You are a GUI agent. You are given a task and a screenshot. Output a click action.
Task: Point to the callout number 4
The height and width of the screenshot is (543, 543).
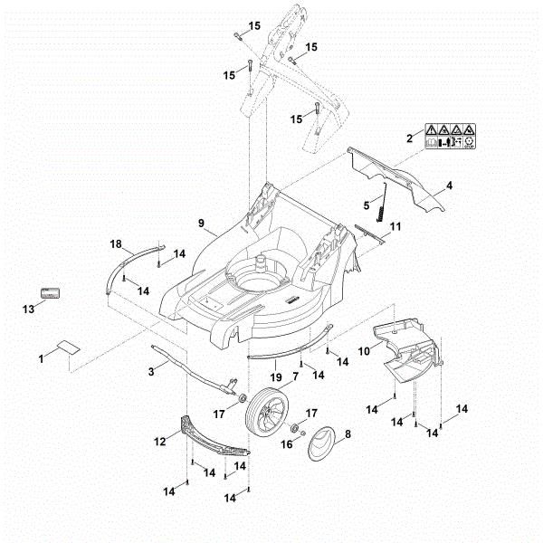pos(448,187)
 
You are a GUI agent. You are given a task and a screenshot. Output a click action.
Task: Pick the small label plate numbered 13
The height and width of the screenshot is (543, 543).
pos(47,293)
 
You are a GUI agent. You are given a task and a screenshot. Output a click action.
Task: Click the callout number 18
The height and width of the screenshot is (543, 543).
pos(116,244)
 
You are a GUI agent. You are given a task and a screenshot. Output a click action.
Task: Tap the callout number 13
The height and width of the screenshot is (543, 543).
pos(28,310)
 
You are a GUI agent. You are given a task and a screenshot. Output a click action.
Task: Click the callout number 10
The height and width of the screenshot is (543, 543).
pos(363,349)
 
